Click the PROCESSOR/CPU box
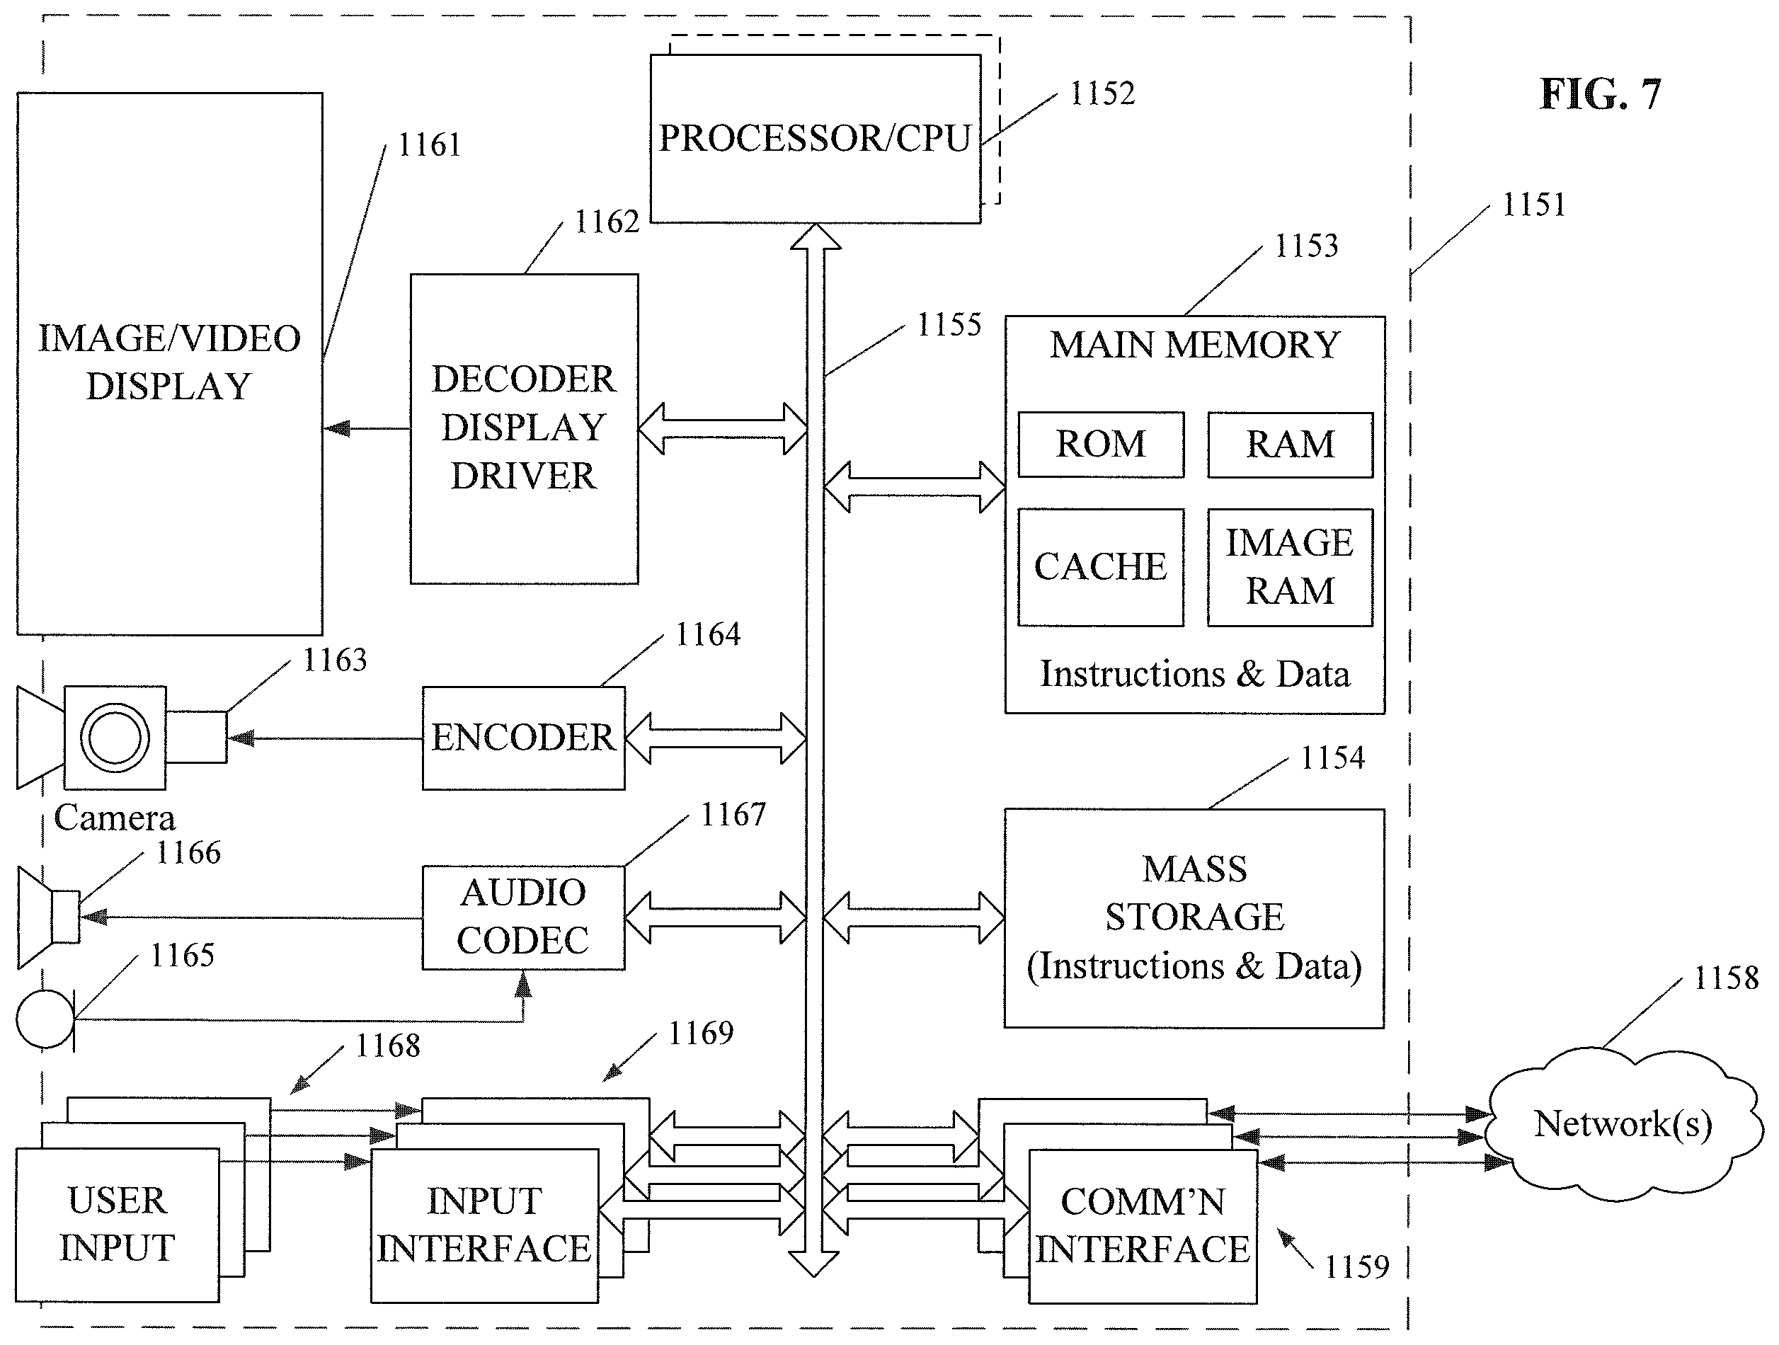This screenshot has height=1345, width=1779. [x=815, y=138]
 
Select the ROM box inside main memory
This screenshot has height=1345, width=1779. [x=1101, y=445]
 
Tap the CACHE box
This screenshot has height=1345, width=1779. [x=1101, y=567]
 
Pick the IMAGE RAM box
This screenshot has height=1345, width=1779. [x=1290, y=567]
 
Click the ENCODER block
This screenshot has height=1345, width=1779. [x=524, y=738]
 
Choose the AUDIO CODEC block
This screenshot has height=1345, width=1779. [x=524, y=918]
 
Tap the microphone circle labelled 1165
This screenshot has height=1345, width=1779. [x=45, y=1019]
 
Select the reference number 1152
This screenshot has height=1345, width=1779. [x=1102, y=93]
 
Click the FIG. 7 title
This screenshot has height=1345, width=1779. [x=1600, y=94]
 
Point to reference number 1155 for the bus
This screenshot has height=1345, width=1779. [x=949, y=325]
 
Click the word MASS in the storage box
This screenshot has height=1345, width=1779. [x=1194, y=869]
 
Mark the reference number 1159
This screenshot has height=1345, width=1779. [x=1357, y=1267]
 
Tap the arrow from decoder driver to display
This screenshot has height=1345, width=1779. [x=367, y=429]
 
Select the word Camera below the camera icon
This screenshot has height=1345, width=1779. [x=114, y=818]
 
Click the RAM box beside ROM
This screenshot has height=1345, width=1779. [x=1290, y=445]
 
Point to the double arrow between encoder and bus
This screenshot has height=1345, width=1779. [x=716, y=738]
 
